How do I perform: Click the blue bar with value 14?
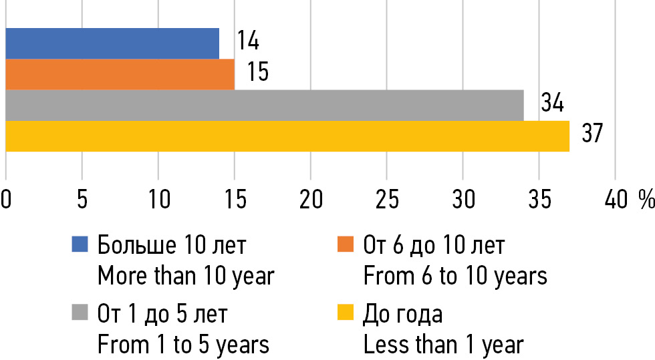pos(112,43)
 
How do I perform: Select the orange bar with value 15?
pos(120,74)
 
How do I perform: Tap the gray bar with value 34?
pos(265,106)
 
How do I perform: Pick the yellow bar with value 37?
pos(287,136)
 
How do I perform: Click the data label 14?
pos(247,41)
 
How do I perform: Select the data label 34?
pos(552,104)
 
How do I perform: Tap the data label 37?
pos(592,134)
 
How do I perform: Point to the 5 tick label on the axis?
pos(82,199)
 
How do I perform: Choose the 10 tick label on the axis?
pos(158,199)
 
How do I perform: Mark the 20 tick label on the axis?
pos(310,199)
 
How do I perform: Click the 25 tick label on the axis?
pos(387,199)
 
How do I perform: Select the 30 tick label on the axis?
pos(463,199)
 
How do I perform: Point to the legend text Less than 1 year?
pos(443,345)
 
